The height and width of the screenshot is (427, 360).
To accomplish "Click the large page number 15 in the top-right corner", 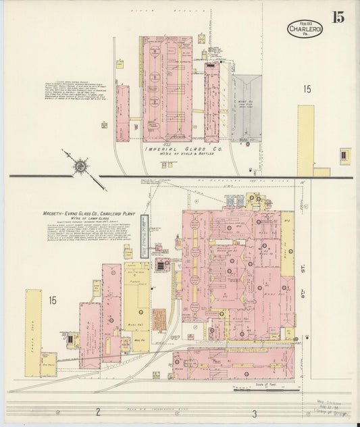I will point(337,17).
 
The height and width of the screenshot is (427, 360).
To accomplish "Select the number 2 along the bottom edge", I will point(97,412).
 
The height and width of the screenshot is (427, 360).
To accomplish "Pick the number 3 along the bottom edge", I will point(255,413).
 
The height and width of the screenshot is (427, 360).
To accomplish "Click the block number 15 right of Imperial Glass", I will point(307,89).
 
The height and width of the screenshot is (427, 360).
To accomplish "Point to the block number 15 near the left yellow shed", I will point(51,300).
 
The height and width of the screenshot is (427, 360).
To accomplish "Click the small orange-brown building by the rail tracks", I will point(159,320).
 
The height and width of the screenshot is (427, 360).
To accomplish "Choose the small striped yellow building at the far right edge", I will point(345,155).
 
